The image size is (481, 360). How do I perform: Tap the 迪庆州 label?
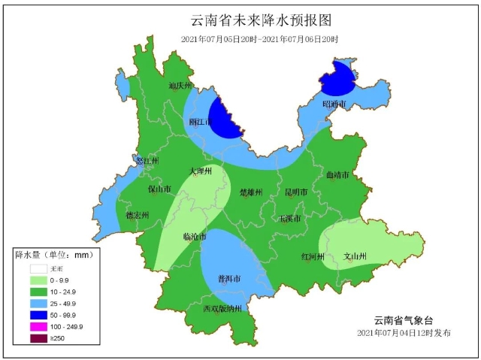point(180,86)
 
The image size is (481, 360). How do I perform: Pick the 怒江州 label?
point(147,161)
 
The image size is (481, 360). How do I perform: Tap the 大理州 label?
point(201,171)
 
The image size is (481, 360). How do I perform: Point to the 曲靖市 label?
point(337,175)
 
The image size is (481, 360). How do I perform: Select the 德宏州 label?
point(137,215)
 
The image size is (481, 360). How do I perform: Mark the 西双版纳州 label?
point(222,309)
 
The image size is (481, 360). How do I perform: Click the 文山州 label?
point(355,256)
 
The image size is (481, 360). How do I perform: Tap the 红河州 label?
point(312,256)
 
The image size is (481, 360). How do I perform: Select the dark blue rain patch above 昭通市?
point(337,79)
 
